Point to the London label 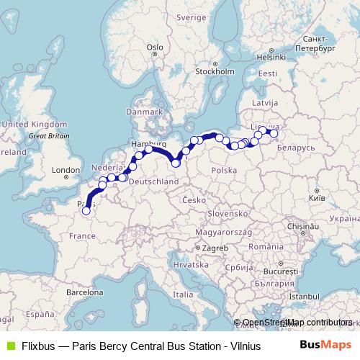coord(65,171)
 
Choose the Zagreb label coord(215,248)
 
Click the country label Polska coord(225,171)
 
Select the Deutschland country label coord(155,182)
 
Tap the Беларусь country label coord(296,147)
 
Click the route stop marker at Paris coord(86,211)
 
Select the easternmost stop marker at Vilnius coord(274,132)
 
